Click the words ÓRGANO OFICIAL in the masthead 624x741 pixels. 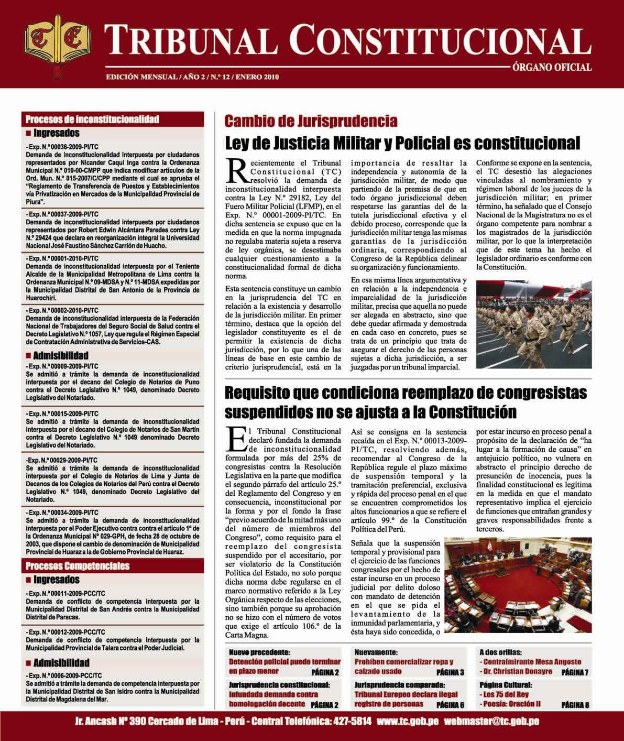click(x=552, y=67)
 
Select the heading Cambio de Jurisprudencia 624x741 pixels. click(x=311, y=122)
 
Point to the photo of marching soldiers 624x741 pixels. click(x=534, y=324)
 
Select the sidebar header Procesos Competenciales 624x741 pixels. click(x=78, y=566)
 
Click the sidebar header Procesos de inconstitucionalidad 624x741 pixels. click(x=92, y=119)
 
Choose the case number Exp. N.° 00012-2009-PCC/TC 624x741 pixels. click(x=65, y=632)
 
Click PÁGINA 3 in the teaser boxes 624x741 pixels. click(x=450, y=672)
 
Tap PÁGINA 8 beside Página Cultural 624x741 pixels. click(x=575, y=705)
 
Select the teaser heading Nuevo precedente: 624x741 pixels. click(x=259, y=652)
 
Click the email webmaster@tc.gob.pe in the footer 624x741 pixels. click(x=491, y=721)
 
